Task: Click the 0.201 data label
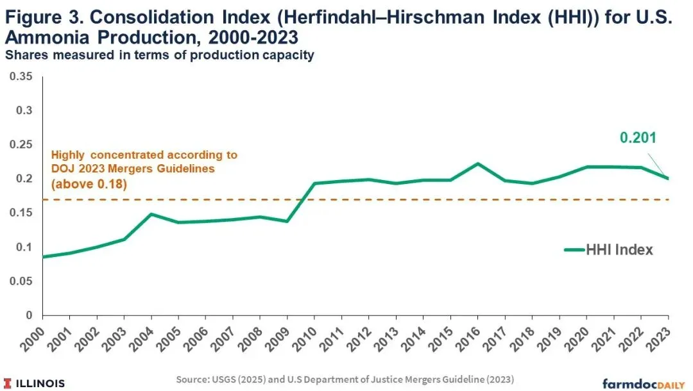point(638,138)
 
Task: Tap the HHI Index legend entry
point(608,250)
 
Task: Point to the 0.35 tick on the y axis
point(21,76)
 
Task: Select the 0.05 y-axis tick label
point(21,281)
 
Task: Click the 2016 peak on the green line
point(478,163)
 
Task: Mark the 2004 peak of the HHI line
point(151,215)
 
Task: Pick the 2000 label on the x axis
point(32,339)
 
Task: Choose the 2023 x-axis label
point(658,339)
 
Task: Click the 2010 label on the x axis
point(304,339)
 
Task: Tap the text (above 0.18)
point(89,183)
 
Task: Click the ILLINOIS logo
point(35,383)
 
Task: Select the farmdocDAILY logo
point(644,383)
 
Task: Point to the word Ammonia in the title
point(46,37)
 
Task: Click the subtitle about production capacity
point(160,55)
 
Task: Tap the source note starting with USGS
point(345,379)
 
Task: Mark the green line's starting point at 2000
point(43,256)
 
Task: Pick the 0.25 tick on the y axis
point(21,144)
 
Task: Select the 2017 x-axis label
point(494,339)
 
